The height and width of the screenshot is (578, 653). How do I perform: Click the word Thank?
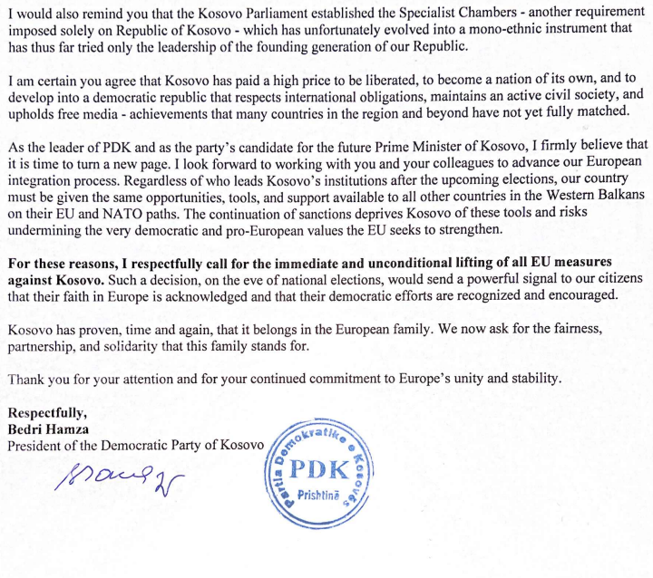(26, 379)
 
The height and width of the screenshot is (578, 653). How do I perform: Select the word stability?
(531, 379)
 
